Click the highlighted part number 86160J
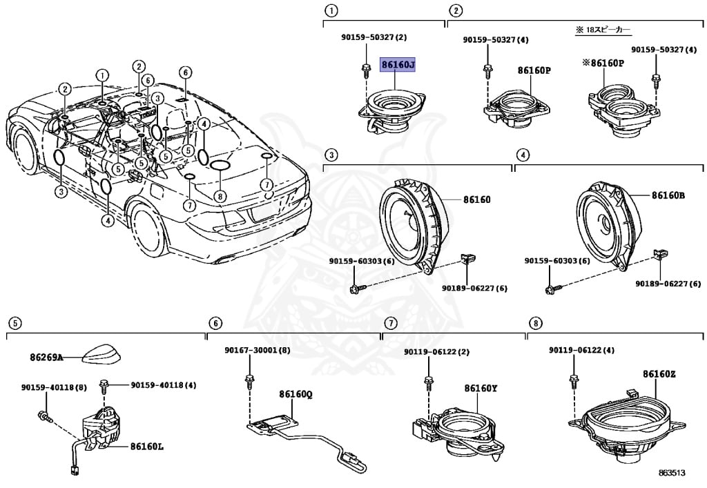click(398, 65)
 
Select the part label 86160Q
click(296, 395)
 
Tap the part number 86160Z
click(659, 374)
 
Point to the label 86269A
click(46, 358)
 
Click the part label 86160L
click(146, 447)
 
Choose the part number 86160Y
click(481, 389)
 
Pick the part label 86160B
click(668, 195)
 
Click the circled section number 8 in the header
click(534, 323)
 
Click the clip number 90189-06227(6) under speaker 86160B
click(659, 283)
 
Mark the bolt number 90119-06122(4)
click(581, 351)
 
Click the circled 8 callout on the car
click(220, 197)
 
